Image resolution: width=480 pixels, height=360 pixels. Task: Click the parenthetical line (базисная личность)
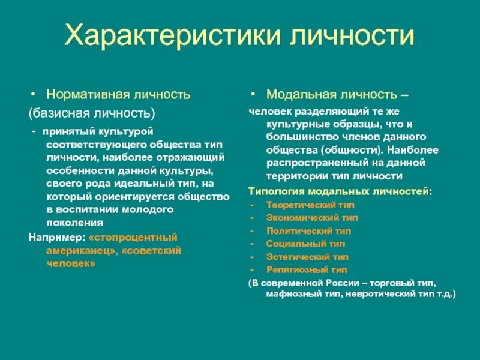[x=92, y=112]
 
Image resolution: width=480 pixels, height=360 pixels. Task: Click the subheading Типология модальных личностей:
[x=340, y=191]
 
